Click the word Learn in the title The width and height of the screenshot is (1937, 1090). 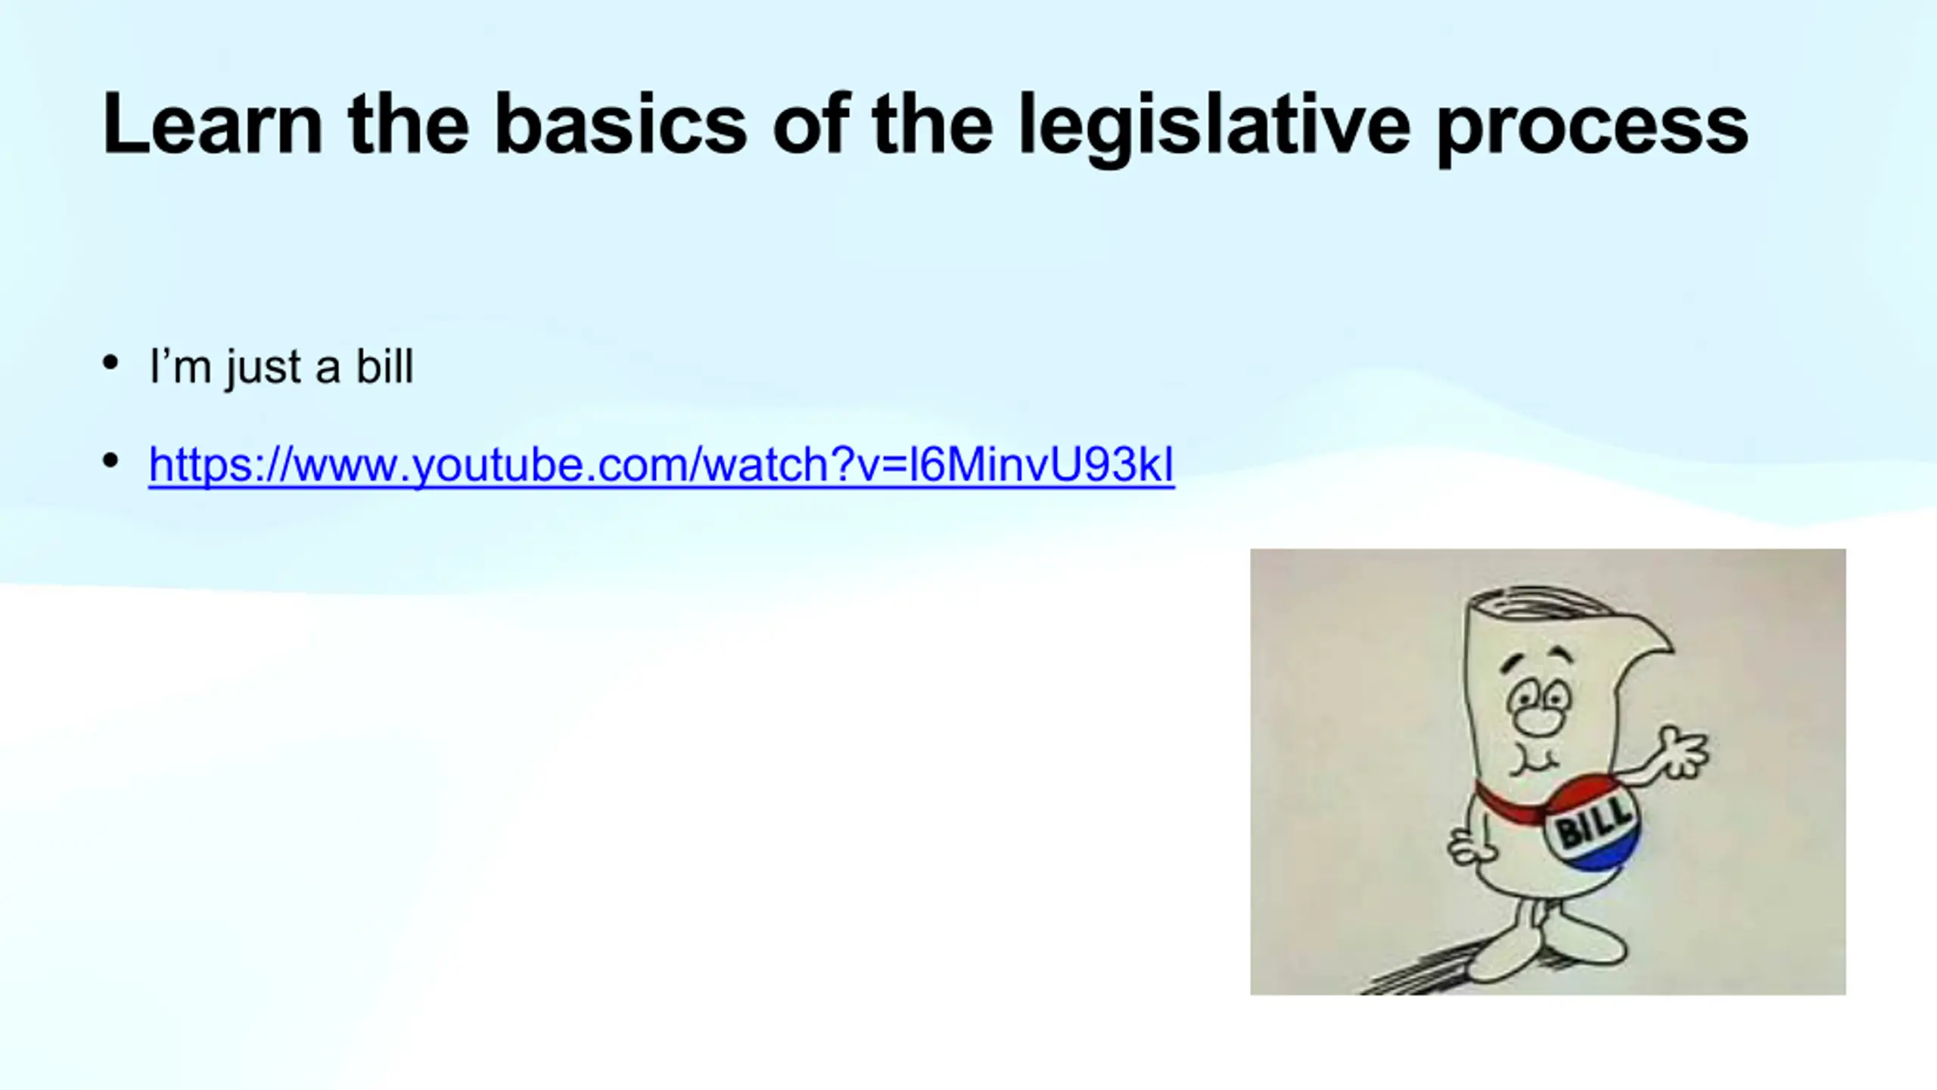pyautogui.click(x=213, y=124)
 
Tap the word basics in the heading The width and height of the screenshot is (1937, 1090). pyautogui.click(x=620, y=124)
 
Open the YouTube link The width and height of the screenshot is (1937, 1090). pyautogui.click(x=661, y=464)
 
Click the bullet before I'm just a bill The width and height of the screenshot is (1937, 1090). pyautogui.click(x=110, y=363)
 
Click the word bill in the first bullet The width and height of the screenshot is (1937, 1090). pyautogui.click(x=385, y=366)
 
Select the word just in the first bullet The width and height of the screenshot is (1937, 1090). pyautogui.click(x=263, y=369)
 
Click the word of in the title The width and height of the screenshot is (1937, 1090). pyautogui.click(x=810, y=124)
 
